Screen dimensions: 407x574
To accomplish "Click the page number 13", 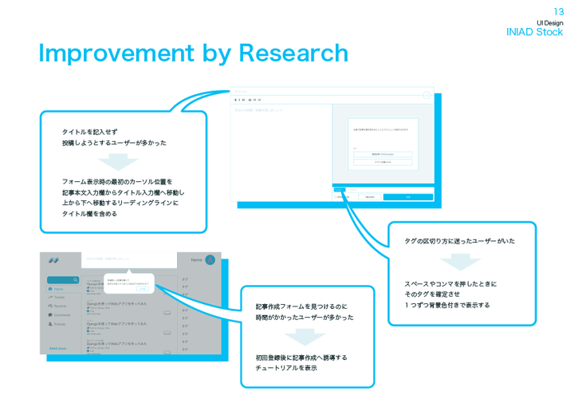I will pyautogui.click(x=558, y=11).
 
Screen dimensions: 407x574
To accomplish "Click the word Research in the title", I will pyautogui.click(x=293, y=53).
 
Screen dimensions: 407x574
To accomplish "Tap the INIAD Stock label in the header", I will pyautogui.click(x=534, y=32).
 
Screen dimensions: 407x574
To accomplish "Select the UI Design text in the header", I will pyautogui.click(x=549, y=22).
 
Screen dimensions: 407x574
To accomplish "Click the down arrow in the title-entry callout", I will pyautogui.click(x=118, y=162).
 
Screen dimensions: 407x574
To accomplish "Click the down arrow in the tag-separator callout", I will pyautogui.click(x=461, y=262).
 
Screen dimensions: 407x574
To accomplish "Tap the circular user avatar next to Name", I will pyautogui.click(x=210, y=260).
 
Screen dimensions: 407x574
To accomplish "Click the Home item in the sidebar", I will pyautogui.click(x=59, y=289).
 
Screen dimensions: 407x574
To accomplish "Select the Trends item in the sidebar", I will pyautogui.click(x=59, y=298).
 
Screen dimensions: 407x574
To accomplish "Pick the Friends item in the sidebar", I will pyautogui.click(x=59, y=324).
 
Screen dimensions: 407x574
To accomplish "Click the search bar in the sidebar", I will pyautogui.click(x=63, y=280).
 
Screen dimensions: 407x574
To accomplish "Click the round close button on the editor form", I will pyautogui.click(x=427, y=95).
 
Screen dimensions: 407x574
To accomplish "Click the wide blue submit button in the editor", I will pyautogui.click(x=407, y=196).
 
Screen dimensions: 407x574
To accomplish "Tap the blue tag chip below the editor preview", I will pyautogui.click(x=339, y=190).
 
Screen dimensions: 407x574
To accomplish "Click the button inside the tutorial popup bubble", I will pyautogui.click(x=143, y=289).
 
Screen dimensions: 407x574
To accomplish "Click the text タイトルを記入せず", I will pyautogui.click(x=90, y=132).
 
